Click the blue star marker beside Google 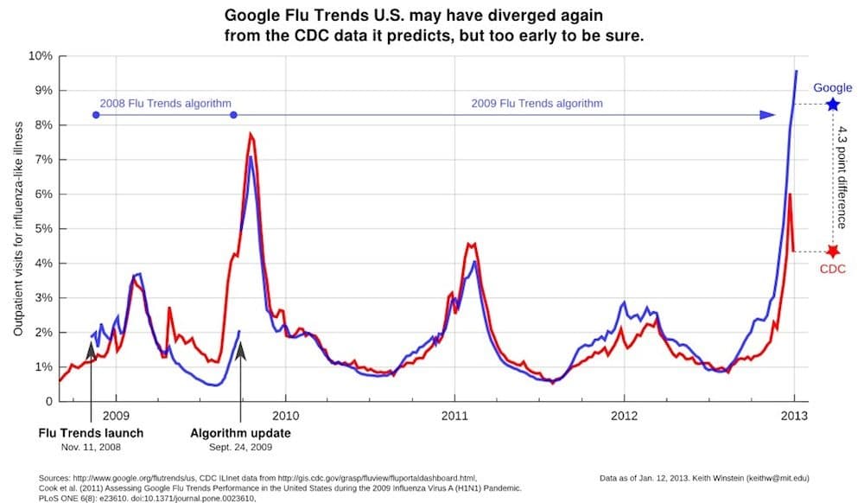coord(832,105)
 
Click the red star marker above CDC coord(832,251)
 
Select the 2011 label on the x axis coord(454,416)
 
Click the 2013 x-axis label coord(794,416)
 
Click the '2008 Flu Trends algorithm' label coord(155,103)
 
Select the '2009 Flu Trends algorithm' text coord(537,103)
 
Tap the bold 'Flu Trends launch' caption coord(91,433)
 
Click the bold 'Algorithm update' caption coord(240,433)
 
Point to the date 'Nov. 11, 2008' coord(91,448)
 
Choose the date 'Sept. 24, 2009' coord(240,448)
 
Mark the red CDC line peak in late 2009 coord(250,134)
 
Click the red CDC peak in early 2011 coord(469,244)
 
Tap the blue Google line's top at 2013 coord(796,71)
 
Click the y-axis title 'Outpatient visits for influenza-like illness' coord(17,229)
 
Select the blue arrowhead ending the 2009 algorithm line coord(768,114)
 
